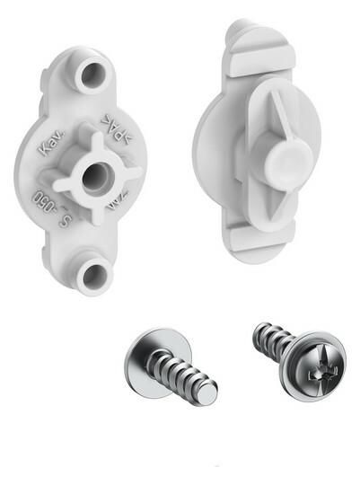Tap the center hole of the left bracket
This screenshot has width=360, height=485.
click(93, 175)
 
